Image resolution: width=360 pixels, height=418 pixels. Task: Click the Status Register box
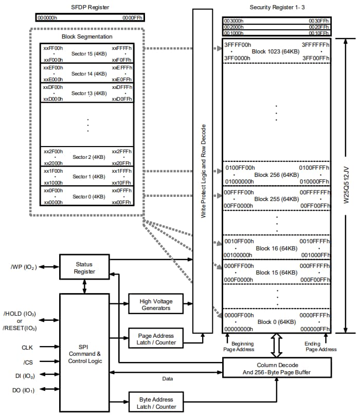(84, 267)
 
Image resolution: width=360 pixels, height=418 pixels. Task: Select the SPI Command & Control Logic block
(84, 354)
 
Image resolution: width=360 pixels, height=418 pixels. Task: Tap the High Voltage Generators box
(156, 304)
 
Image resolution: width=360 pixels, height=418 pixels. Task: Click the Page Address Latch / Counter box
(156, 339)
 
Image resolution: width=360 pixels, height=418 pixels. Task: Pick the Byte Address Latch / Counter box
(156, 403)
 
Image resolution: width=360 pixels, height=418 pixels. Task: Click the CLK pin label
(27, 348)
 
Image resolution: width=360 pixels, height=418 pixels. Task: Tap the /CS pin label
(27, 361)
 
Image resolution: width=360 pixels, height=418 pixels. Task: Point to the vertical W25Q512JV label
(346, 186)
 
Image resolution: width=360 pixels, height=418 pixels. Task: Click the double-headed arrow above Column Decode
(277, 345)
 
